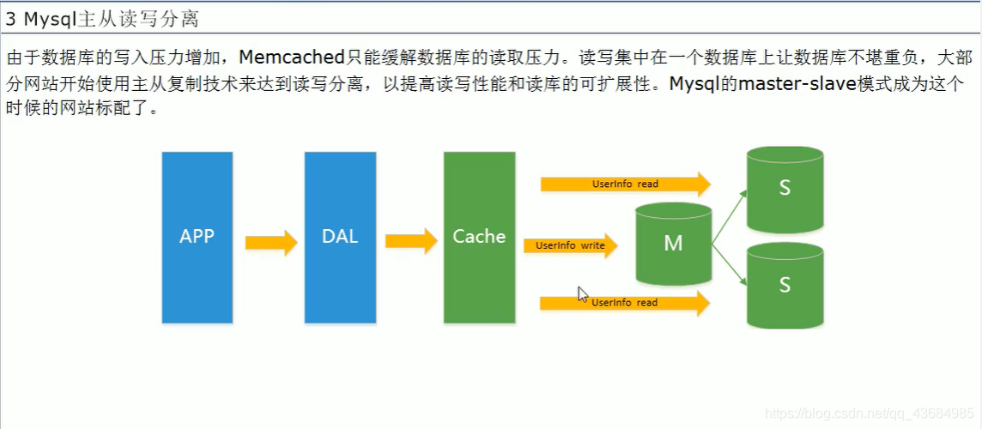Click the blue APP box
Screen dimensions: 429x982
[x=197, y=237]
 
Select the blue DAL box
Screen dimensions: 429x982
[x=340, y=237]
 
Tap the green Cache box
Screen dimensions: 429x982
[x=479, y=237]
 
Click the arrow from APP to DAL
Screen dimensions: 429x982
[x=270, y=243]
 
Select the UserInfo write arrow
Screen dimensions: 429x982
[x=570, y=245]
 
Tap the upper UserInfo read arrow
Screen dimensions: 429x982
[x=625, y=184]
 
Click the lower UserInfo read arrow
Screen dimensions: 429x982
[x=625, y=302]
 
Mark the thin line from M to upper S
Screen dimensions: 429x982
[x=729, y=214]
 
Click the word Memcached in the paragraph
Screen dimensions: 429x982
[x=292, y=57]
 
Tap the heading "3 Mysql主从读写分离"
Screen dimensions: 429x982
[x=102, y=17]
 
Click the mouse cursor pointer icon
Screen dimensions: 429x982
[x=583, y=294]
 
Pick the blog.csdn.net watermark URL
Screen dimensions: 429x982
[x=868, y=414]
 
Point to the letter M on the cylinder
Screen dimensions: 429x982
[x=673, y=244]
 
